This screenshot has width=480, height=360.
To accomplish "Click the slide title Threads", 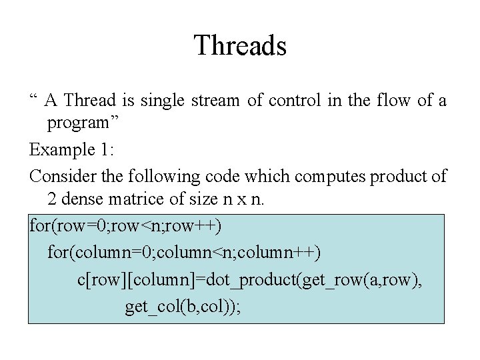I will pos(240,46).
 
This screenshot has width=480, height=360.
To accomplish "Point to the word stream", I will pos(215,101).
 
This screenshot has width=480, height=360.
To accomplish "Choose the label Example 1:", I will pos(72,150).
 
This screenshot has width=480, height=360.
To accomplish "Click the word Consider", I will pos(60,177).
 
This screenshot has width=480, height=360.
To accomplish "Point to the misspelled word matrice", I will pos(141,199).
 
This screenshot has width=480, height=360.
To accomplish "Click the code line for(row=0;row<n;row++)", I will pos(126,226).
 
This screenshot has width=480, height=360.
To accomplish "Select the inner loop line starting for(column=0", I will pos(184,253).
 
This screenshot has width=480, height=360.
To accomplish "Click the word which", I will pos(265,177).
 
